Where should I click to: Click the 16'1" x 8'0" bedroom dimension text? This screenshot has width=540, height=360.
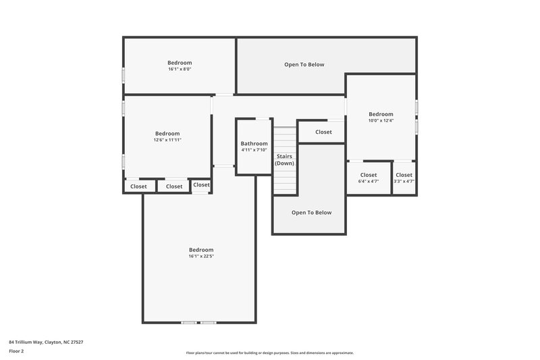(180, 69)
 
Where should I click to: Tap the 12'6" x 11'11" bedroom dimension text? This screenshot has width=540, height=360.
(167, 140)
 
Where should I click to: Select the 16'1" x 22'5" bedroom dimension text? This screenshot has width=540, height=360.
(201, 256)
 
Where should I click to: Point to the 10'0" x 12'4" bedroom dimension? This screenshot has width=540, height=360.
(381, 121)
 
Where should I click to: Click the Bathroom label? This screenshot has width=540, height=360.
(254, 144)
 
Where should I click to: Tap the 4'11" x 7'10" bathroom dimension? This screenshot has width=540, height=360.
(254, 150)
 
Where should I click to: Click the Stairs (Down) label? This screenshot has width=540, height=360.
(284, 159)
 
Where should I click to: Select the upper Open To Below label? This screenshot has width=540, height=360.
(304, 65)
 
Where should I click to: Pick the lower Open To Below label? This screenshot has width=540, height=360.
(311, 212)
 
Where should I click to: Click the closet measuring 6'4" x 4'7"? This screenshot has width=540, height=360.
(369, 178)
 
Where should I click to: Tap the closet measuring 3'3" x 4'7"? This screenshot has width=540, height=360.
(404, 178)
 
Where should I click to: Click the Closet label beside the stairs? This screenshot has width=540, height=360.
(323, 132)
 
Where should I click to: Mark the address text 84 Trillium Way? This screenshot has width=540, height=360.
(47, 342)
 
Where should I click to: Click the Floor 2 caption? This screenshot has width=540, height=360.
(17, 351)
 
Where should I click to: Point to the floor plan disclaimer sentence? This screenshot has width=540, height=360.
(269, 353)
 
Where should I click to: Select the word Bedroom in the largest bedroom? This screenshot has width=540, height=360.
(201, 249)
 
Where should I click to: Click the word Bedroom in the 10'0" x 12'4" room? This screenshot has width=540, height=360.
(381, 114)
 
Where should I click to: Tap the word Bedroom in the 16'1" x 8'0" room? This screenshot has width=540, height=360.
(180, 63)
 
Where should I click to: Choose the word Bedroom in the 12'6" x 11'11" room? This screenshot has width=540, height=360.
(167, 133)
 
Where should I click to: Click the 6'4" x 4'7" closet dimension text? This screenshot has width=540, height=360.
(369, 181)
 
